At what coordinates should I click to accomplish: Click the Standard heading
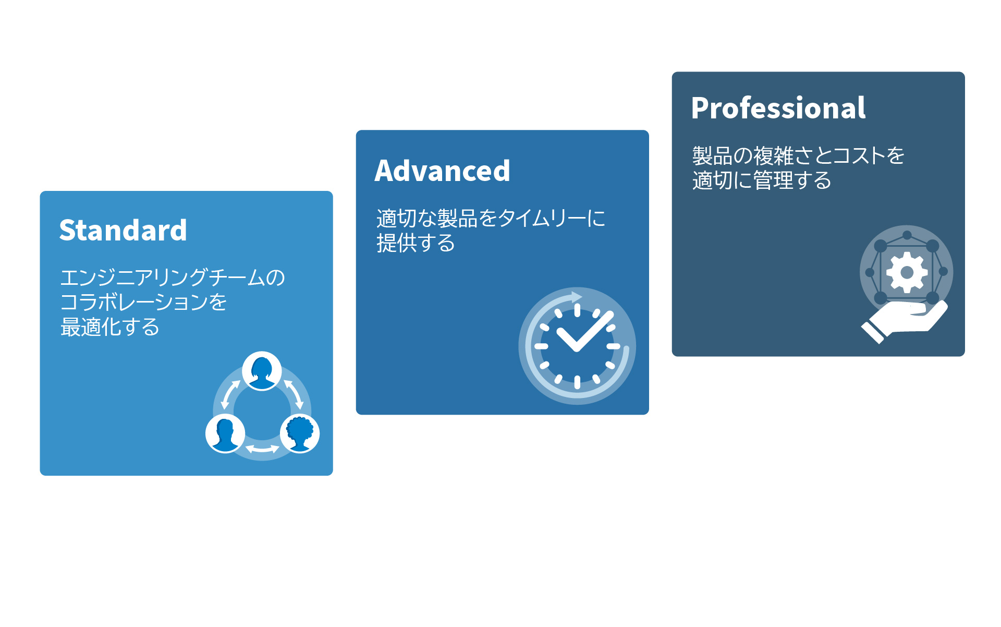click(123, 230)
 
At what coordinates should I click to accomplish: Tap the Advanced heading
click(442, 171)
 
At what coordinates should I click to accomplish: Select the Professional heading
click(778, 108)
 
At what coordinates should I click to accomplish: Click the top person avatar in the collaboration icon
click(262, 371)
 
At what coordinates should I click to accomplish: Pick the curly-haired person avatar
click(300, 433)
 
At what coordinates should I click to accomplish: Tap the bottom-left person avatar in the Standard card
click(225, 433)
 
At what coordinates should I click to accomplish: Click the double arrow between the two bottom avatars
click(262, 448)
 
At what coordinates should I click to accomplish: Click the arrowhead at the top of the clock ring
click(577, 297)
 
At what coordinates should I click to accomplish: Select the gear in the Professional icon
click(907, 272)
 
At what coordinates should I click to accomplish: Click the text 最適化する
click(110, 327)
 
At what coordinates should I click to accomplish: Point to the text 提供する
click(416, 243)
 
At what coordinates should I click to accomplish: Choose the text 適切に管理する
click(762, 180)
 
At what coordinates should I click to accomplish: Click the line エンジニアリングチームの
click(173, 277)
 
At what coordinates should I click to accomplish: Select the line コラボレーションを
click(143, 302)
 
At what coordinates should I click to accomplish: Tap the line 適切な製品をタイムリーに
click(491, 218)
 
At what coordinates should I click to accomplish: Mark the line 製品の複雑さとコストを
click(798, 155)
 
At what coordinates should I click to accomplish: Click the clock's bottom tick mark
click(577, 382)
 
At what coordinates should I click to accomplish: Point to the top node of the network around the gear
click(907, 235)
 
